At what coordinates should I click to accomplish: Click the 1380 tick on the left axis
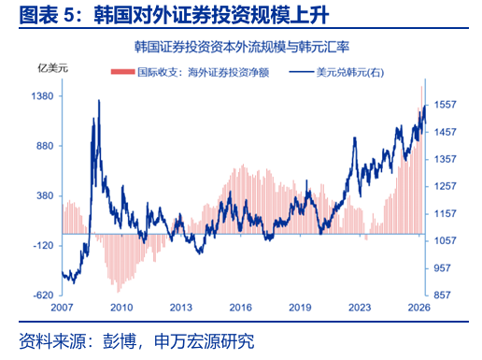(x=43, y=96)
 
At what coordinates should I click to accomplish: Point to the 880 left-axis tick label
(x=45, y=146)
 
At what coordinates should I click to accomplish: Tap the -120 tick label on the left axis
(x=44, y=246)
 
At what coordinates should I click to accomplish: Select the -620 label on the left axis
(x=44, y=295)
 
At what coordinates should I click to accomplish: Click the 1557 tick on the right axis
(x=446, y=105)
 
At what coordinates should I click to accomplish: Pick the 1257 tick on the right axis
(x=446, y=186)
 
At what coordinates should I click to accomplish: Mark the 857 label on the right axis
(x=442, y=295)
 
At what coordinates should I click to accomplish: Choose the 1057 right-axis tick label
(x=446, y=240)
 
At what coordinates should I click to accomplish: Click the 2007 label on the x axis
(x=62, y=308)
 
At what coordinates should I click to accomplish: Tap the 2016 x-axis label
(x=240, y=308)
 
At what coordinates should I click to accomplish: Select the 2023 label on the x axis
(x=360, y=308)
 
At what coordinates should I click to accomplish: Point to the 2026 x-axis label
(x=419, y=308)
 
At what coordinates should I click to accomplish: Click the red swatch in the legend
(x=122, y=72)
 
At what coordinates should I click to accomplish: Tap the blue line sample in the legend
(x=301, y=72)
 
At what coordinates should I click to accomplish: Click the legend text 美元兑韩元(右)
(x=350, y=73)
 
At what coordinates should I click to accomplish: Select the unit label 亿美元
(x=52, y=68)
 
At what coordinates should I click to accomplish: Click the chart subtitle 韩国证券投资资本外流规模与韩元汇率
(x=242, y=47)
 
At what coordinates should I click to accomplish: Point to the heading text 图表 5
(x=47, y=15)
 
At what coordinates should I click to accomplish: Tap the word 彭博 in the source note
(x=120, y=341)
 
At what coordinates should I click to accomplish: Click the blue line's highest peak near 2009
(x=99, y=100)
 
